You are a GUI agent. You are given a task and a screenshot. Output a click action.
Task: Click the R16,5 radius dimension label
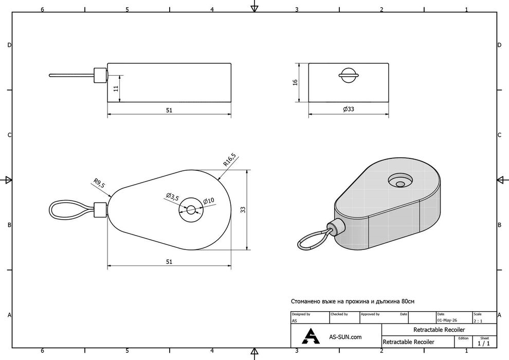(x=229, y=159)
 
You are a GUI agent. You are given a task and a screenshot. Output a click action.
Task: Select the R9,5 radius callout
(x=99, y=184)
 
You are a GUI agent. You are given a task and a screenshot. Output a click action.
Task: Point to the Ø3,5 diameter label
(x=172, y=197)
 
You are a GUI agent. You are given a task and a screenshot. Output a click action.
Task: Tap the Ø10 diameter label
(x=209, y=201)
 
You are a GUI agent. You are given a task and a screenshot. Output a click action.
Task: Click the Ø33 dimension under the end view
(x=349, y=109)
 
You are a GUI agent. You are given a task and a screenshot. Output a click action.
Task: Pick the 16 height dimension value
(x=295, y=82)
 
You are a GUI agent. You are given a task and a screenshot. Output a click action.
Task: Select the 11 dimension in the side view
(x=116, y=88)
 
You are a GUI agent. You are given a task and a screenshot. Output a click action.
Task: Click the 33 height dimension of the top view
(x=243, y=210)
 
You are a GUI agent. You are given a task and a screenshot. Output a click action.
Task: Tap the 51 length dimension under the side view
(x=169, y=111)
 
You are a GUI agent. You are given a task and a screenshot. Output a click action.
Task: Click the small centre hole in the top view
(x=191, y=210)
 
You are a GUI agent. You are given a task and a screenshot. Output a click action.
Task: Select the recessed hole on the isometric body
(x=401, y=181)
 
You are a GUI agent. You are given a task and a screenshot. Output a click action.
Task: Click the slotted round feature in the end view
(x=349, y=76)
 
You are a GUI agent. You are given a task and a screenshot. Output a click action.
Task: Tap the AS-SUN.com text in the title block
(x=345, y=337)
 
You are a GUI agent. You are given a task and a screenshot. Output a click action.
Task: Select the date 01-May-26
(x=447, y=320)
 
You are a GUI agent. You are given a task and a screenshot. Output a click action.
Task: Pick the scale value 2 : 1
(x=478, y=321)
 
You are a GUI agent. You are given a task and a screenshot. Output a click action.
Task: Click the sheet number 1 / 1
(x=484, y=344)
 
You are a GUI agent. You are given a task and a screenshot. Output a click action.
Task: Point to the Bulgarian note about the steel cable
(x=353, y=301)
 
